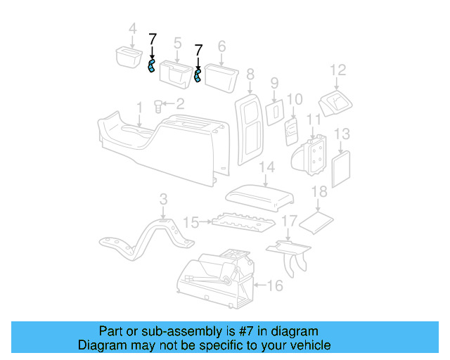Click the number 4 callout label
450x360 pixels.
132,29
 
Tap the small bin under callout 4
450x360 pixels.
129,58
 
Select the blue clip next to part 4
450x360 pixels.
151,66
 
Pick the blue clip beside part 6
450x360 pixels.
198,75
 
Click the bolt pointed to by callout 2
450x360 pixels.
158,106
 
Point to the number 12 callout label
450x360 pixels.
338,70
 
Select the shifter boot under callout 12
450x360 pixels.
335,103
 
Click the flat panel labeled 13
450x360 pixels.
341,169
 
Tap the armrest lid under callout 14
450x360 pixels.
260,198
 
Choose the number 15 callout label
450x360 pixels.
191,222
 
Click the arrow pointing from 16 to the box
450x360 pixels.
260,285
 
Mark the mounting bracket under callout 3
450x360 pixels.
146,239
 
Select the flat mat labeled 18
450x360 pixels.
316,222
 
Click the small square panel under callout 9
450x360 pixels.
275,112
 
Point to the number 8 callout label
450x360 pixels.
250,75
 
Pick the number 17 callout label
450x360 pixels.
289,221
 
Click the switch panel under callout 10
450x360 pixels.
292,132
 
